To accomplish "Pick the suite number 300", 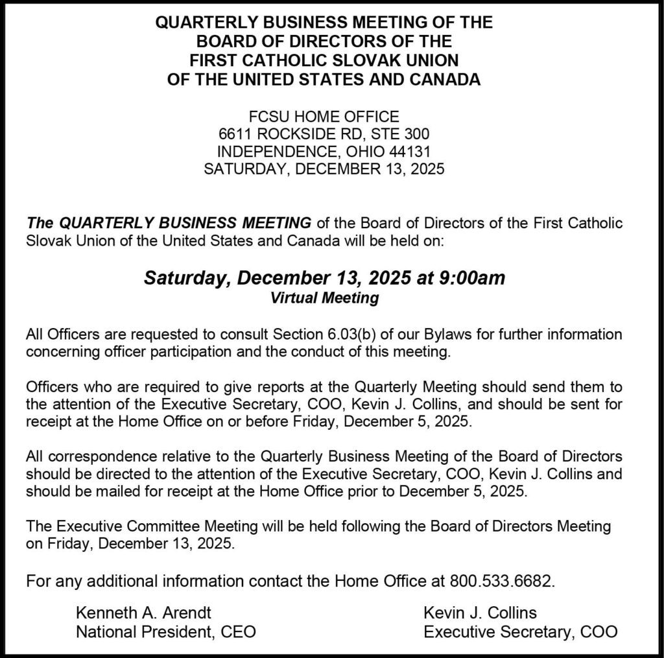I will [416, 135].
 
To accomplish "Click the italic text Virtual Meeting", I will [324, 298].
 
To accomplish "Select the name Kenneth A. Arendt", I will [143, 613].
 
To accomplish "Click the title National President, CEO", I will [166, 631].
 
